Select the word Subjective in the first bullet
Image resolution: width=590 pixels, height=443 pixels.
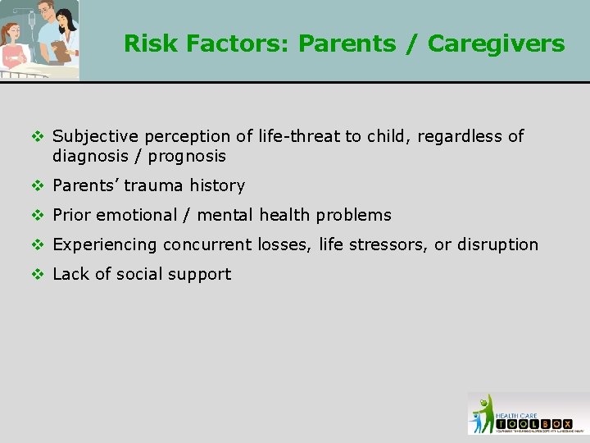coord(93,136)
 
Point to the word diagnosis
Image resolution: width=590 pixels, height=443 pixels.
coord(89,156)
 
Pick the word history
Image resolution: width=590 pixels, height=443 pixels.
coord(218,185)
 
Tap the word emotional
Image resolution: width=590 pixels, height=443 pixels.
coord(137,215)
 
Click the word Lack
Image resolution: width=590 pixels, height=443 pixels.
coord(70,274)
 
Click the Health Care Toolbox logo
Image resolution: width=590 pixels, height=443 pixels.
coord(528,413)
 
